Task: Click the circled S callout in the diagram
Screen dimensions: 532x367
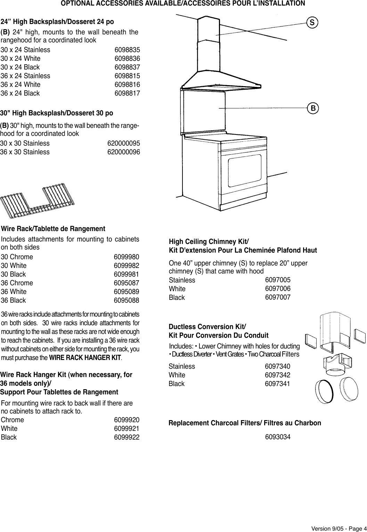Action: (312, 23)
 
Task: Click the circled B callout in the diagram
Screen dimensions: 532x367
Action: (313, 108)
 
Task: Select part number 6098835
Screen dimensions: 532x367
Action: (127, 50)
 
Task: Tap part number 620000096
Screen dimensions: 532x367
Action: (124, 152)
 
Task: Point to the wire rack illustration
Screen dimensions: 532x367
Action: (38, 202)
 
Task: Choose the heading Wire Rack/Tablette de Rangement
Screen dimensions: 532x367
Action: (53, 229)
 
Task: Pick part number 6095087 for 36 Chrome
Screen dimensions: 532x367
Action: (127, 283)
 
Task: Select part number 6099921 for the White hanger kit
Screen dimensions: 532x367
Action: (127, 429)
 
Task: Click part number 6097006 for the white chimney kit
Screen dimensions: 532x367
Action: (278, 289)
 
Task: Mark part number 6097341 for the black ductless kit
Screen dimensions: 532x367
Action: (278, 384)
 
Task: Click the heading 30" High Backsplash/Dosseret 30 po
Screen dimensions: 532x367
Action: (57, 113)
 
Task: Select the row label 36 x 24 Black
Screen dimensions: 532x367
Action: (20, 93)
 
